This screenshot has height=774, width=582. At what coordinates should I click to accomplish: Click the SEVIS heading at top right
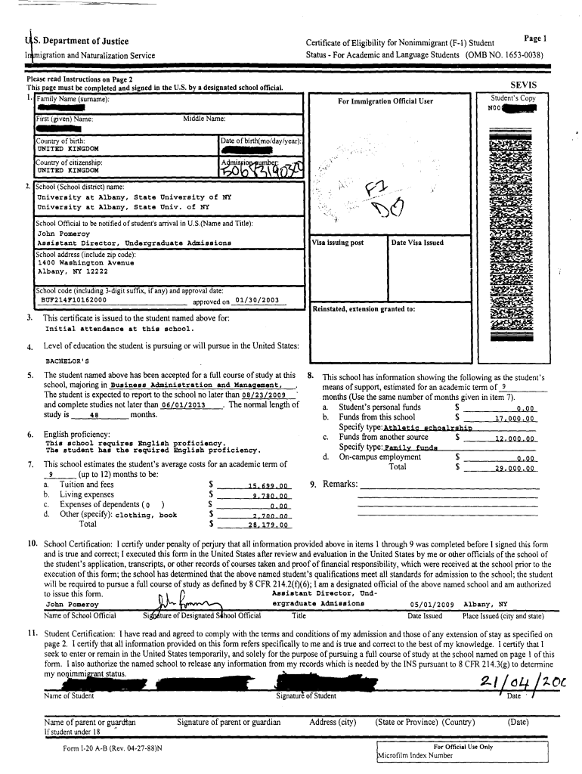(522, 86)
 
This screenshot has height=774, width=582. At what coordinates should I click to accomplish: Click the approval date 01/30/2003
(257, 300)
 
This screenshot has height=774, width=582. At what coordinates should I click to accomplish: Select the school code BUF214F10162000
(73, 300)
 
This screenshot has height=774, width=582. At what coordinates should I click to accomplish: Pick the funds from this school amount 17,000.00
(515, 417)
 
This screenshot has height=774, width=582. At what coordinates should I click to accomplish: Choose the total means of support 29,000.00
(515, 468)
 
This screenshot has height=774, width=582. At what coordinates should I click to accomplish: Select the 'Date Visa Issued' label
(417, 243)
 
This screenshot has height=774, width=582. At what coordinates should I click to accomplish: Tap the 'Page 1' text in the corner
(534, 38)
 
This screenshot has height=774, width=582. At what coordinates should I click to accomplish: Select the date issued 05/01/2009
(431, 605)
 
